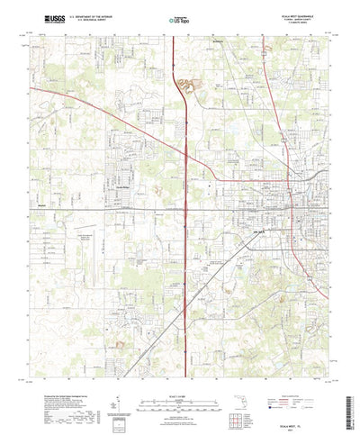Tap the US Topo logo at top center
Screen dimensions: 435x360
(x=181, y=17)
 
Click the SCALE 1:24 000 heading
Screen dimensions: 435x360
(x=180, y=367)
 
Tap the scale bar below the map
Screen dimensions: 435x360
(x=180, y=376)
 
